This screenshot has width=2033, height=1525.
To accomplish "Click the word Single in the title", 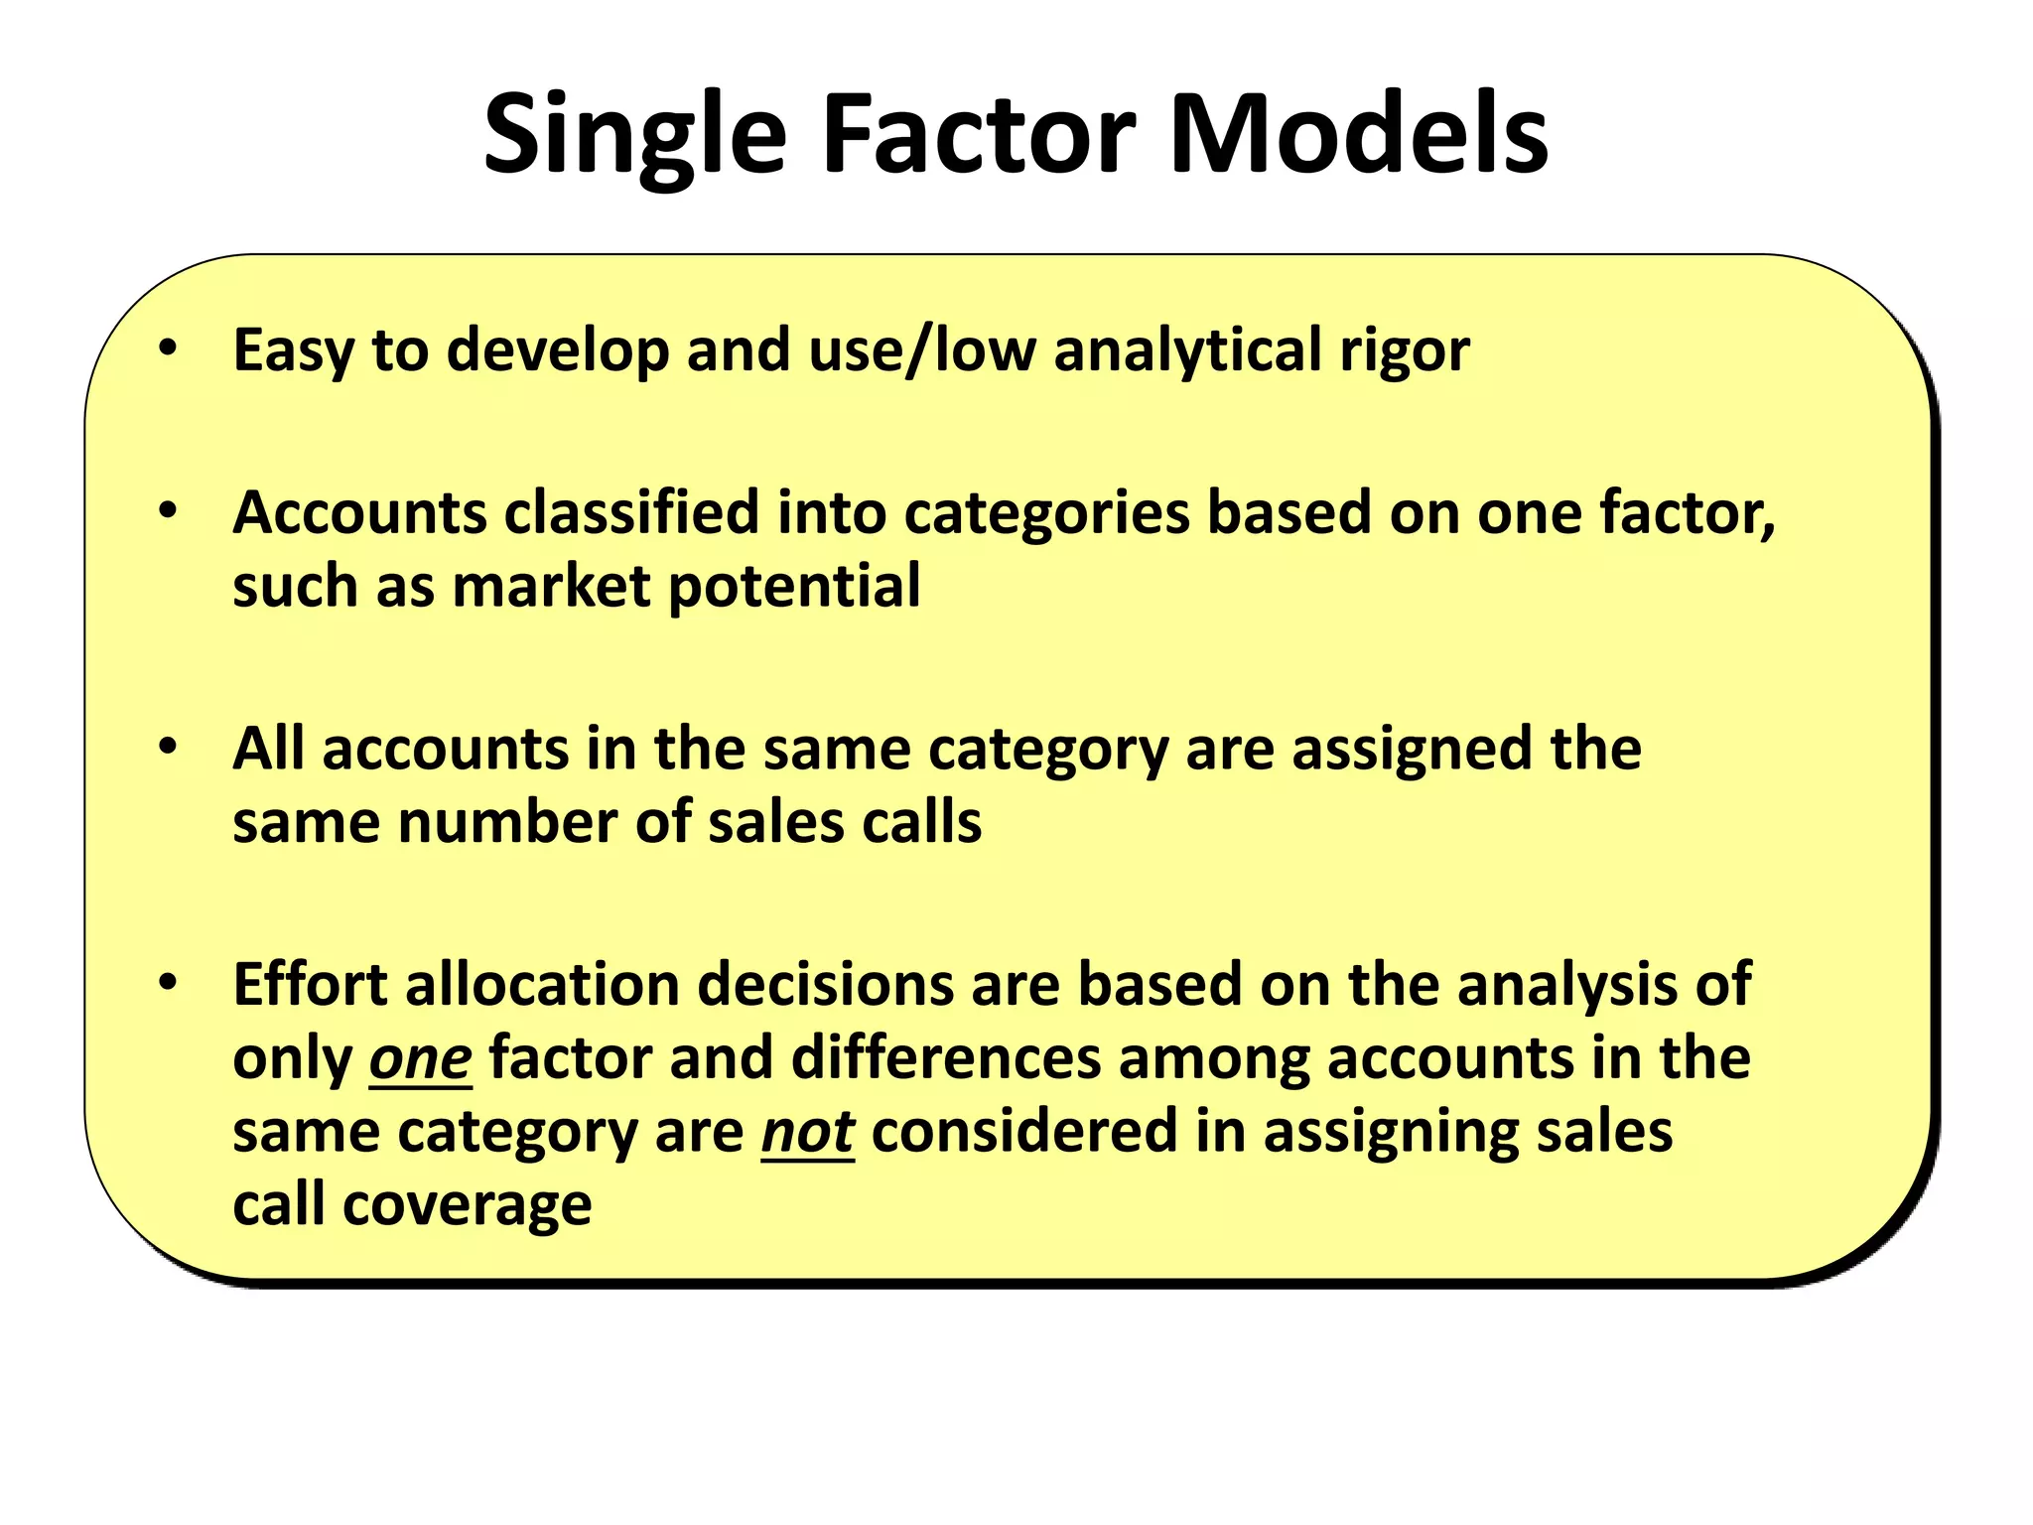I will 634,136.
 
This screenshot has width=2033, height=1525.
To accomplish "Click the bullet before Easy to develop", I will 168,348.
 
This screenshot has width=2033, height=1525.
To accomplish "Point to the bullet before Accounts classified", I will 168,511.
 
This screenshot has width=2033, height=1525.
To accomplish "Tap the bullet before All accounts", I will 168,747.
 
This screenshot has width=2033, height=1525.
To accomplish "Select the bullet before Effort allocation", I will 168,983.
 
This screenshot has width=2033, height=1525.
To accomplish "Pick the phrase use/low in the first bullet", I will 922,349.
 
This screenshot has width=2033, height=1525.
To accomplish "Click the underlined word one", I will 420,1058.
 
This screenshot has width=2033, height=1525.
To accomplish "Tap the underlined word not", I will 807,1132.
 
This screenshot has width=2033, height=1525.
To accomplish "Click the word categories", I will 1046,514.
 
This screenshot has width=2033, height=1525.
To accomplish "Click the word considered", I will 1023,1132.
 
